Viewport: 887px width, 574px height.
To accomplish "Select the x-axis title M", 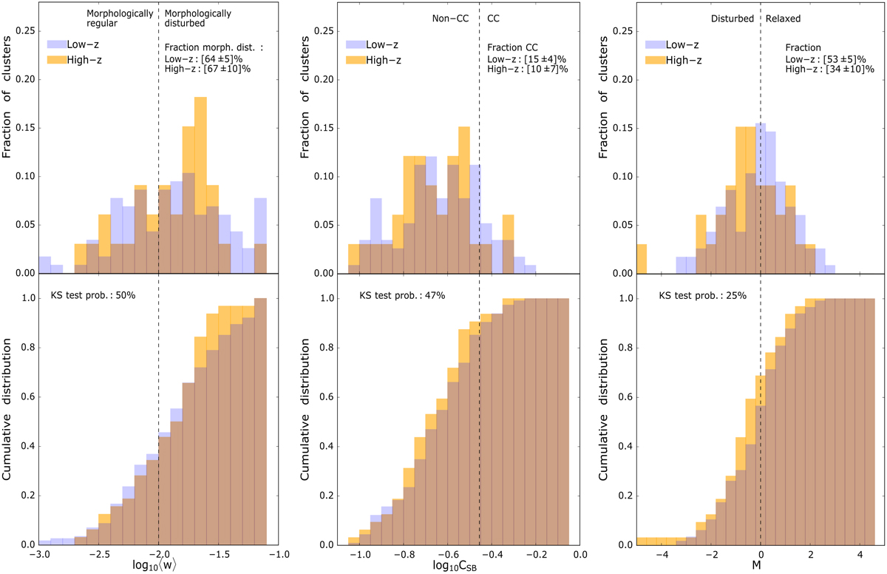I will pyautogui.click(x=761, y=567).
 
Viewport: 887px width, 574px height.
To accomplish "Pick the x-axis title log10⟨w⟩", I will pyautogui.click(x=159, y=567).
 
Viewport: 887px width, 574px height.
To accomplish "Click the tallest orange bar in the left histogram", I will pyautogui.click(x=200, y=185).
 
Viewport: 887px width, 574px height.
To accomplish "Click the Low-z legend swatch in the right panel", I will pyautogui.click(x=657, y=44).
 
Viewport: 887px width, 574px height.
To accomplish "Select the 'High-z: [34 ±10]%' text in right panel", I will pyautogui.click(x=831, y=69).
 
